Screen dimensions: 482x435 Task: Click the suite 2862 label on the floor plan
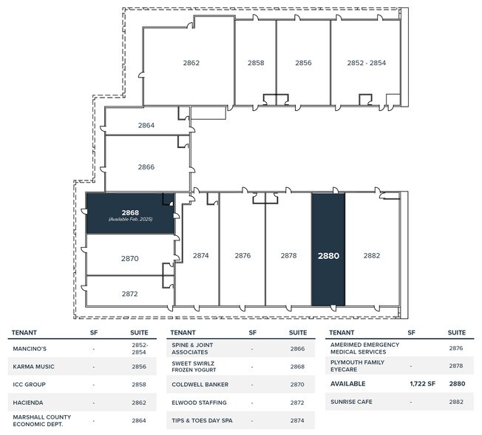[191, 63]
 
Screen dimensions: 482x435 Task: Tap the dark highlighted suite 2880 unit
[328, 249]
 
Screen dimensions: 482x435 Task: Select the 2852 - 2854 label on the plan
[367, 63]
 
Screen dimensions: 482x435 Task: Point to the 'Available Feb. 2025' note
[130, 219]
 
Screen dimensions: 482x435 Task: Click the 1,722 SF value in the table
[422, 384]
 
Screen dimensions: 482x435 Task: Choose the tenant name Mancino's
[30, 348]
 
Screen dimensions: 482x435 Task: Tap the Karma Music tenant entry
[33, 366]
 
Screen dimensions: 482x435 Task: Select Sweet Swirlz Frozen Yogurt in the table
[194, 366]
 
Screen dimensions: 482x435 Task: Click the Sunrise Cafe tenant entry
[351, 402]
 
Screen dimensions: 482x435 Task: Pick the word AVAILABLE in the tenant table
[348, 384]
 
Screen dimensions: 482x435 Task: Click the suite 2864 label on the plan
[146, 125]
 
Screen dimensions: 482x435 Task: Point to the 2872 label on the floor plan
[129, 294]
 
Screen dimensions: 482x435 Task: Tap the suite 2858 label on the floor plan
[256, 63]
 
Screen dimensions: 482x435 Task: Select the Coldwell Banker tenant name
[200, 385]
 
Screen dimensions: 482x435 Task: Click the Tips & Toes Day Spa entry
[202, 420]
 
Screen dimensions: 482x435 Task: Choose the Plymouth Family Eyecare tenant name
[357, 365]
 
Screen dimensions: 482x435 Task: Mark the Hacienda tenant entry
[28, 402]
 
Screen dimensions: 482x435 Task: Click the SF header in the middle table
[252, 333]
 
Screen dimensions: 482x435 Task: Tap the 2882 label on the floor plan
[372, 255]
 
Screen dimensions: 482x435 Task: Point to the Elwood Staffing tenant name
[199, 402]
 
